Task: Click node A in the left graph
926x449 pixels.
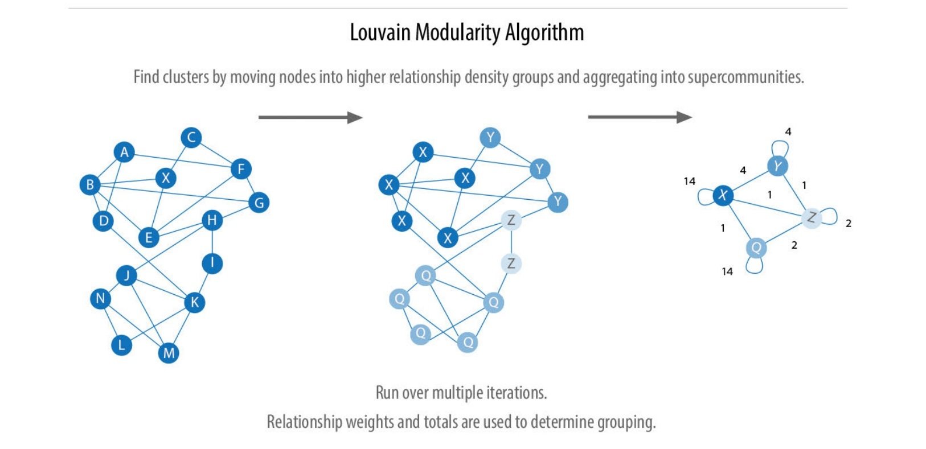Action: coord(124,153)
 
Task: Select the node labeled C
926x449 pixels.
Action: coord(191,138)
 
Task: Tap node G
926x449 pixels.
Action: coord(259,203)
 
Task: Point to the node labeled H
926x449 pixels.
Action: coord(212,220)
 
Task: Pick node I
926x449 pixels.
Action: coord(212,263)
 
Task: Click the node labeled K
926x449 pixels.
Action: coord(194,302)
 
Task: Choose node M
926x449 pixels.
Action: coord(169,353)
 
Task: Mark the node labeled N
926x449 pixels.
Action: coord(101,298)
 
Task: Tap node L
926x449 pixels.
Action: coord(121,345)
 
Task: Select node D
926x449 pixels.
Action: coord(103,221)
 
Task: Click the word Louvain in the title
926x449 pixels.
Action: coord(380,32)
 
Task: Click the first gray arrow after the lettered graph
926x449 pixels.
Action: coord(310,118)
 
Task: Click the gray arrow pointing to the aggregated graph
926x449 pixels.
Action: coord(640,117)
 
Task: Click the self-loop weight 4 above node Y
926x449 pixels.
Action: coord(788,131)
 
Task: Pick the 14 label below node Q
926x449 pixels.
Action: coord(727,271)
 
